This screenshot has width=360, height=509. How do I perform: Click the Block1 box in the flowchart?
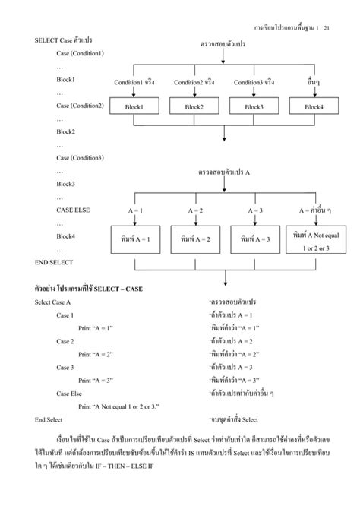point(134,107)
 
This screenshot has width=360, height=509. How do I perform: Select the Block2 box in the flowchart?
point(194,107)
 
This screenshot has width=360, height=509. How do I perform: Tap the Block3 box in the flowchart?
point(254,107)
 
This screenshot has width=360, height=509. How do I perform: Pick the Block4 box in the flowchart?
point(314,107)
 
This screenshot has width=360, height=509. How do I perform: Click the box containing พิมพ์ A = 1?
point(134,239)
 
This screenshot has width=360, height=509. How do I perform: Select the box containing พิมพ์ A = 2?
point(194,239)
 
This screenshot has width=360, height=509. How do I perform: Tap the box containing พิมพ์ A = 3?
point(254,239)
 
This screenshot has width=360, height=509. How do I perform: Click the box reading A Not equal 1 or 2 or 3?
point(314,240)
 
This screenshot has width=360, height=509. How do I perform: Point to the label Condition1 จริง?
point(134,82)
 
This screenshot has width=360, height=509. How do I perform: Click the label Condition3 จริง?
point(254,82)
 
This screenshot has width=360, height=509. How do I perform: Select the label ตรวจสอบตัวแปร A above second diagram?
point(225,172)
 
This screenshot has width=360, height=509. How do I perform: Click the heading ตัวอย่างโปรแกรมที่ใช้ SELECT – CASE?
point(89,289)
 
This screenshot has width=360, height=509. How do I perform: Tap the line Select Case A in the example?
point(53,302)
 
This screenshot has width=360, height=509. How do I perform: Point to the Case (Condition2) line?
point(80,105)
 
